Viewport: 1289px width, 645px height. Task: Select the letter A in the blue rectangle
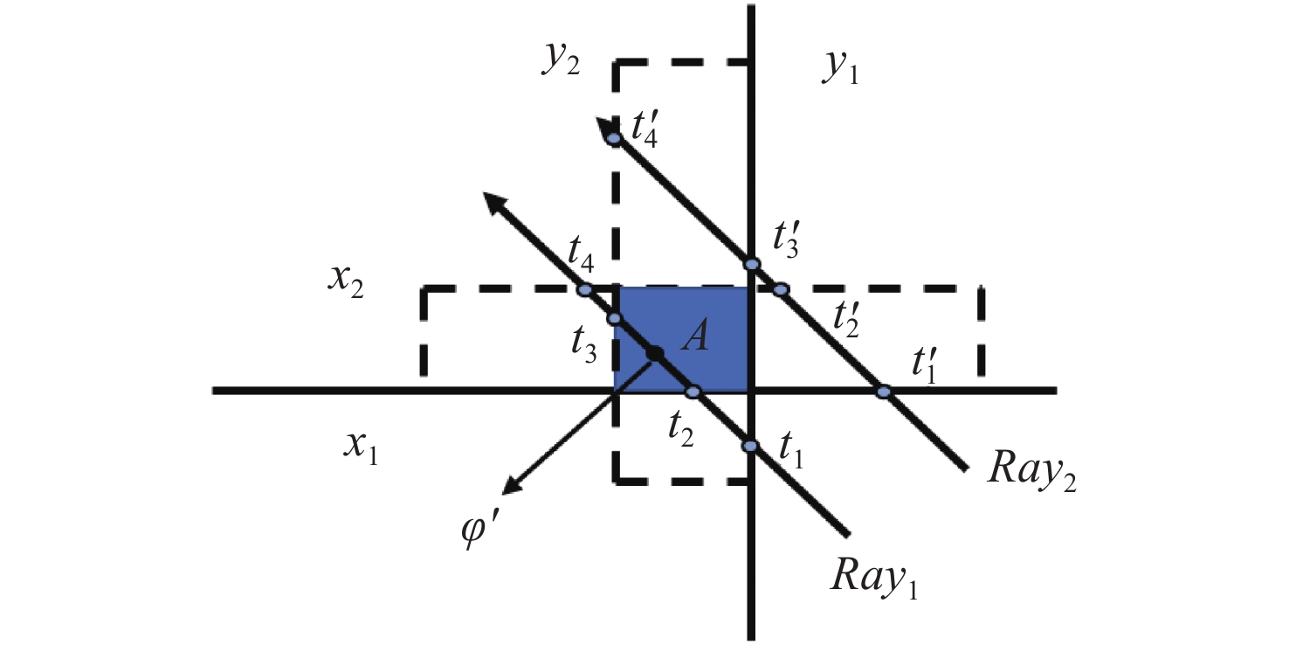click(695, 336)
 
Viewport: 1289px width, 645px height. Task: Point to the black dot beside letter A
click(654, 354)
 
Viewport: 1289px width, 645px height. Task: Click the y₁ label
click(841, 68)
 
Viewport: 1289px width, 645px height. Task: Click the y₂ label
click(561, 60)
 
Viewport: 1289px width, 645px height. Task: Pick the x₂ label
click(346, 282)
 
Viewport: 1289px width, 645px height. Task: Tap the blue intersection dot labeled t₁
click(750, 446)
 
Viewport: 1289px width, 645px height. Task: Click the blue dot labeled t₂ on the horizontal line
click(693, 392)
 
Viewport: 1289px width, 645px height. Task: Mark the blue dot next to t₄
click(584, 290)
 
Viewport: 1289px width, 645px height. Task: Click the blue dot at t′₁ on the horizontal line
click(884, 392)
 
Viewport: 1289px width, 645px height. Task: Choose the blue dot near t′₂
click(781, 289)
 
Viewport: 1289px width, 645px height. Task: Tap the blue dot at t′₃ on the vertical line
click(752, 264)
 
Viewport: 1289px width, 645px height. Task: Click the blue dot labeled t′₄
click(614, 139)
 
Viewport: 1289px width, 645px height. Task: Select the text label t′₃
click(786, 239)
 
